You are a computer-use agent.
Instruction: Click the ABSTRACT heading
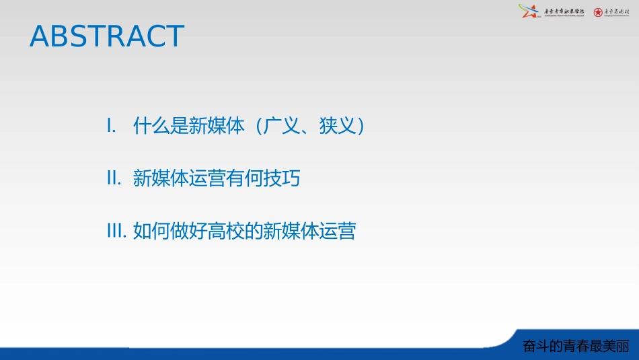coord(107,36)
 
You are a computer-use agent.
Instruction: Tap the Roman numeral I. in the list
coord(112,126)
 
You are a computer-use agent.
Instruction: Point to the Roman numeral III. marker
coord(116,231)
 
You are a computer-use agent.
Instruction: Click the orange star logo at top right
coord(528,11)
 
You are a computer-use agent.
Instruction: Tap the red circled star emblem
coord(598,12)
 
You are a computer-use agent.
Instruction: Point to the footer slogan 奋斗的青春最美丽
coord(576,346)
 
